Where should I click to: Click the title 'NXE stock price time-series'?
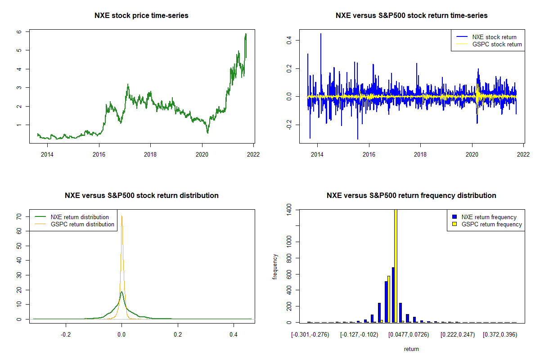point(141,16)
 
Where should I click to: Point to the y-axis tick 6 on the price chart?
point(19,32)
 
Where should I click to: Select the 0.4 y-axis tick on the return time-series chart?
point(289,40)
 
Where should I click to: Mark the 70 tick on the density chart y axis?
point(19,216)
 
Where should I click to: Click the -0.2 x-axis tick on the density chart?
point(66,335)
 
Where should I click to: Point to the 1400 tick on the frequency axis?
point(289,210)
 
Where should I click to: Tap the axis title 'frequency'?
point(275,266)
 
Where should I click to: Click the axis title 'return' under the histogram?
point(411,349)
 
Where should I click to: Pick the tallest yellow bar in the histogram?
point(396,265)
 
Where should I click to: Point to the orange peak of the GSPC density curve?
point(121,217)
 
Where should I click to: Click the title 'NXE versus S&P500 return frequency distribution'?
point(411,196)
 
